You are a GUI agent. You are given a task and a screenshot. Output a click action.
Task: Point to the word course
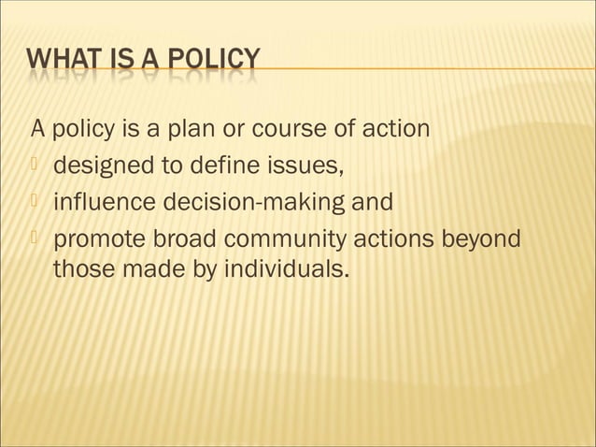(285, 128)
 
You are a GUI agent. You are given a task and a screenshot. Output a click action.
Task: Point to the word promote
(97, 239)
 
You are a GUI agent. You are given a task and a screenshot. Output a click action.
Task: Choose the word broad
(183, 238)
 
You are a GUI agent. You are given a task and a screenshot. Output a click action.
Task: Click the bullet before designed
(35, 166)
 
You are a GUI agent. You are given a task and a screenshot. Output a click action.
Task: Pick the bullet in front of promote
(35, 238)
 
